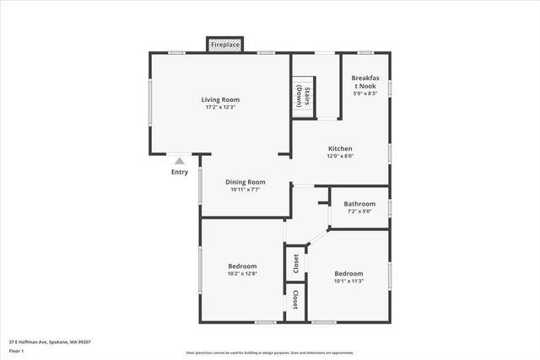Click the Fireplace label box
click(x=225, y=44)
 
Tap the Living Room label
click(x=220, y=99)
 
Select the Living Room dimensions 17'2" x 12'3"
click(x=220, y=107)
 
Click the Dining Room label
click(x=246, y=181)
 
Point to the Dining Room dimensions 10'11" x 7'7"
click(x=246, y=190)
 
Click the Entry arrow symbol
click(x=179, y=160)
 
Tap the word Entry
click(x=180, y=172)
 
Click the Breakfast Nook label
click(x=364, y=82)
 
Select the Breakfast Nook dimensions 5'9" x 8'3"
click(x=364, y=94)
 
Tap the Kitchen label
click(x=340, y=148)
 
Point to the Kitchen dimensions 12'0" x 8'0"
click(x=340, y=156)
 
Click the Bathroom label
click(x=359, y=203)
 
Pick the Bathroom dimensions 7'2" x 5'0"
click(x=359, y=211)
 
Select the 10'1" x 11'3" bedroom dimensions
click(x=348, y=282)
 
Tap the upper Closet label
click(x=295, y=265)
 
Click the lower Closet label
click(x=295, y=301)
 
